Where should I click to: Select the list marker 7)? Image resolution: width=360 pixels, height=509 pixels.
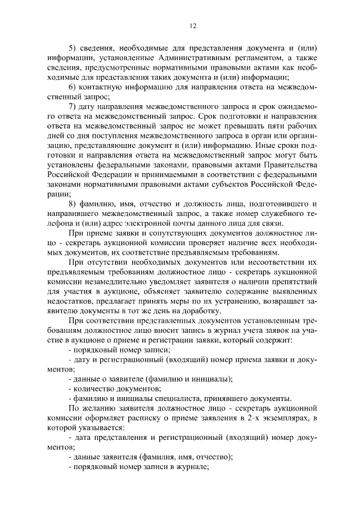[x=73, y=106]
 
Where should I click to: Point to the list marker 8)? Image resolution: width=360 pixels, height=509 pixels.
[x=73, y=203]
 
